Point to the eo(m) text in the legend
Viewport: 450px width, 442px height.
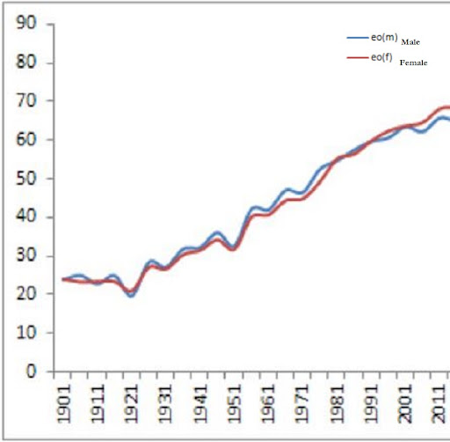coord(383,38)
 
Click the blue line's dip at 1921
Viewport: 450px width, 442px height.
coord(132,295)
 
